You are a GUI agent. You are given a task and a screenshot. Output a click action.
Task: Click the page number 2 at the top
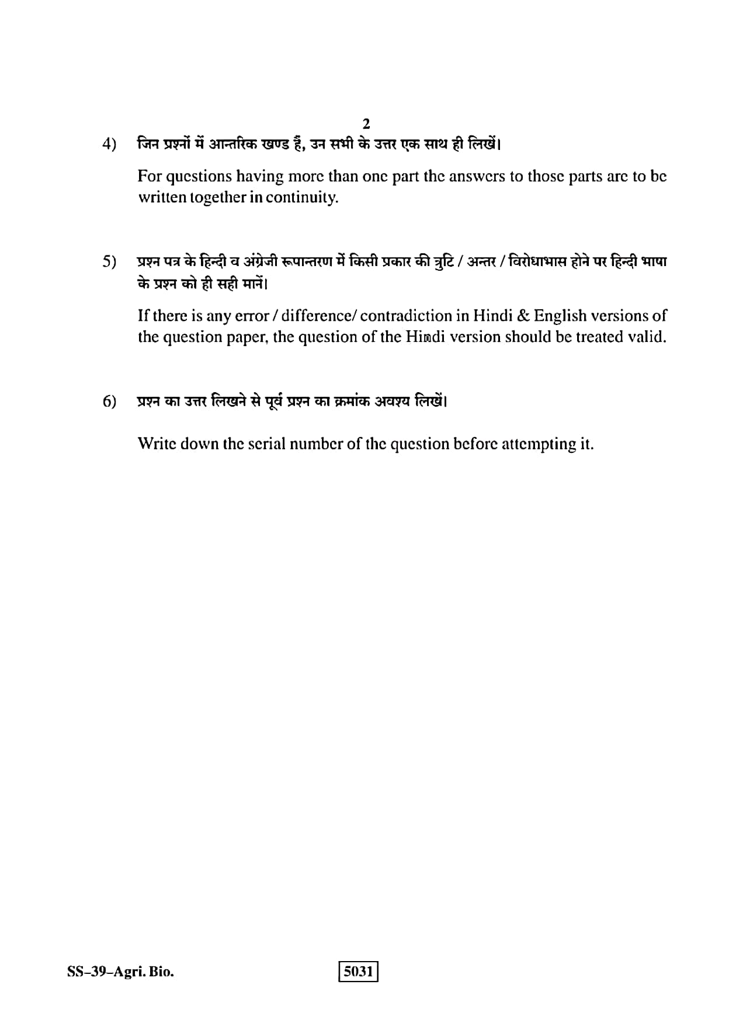click(366, 124)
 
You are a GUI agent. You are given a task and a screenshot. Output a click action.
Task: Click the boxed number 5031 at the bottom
click(359, 972)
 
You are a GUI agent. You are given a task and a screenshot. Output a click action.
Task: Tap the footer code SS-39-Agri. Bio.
click(120, 972)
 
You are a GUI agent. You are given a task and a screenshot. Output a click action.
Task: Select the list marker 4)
click(109, 144)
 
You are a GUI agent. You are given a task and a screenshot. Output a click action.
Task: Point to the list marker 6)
click(109, 402)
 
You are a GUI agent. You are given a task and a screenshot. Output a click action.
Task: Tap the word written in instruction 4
click(159, 197)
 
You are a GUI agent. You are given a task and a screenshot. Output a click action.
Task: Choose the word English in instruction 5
click(560, 316)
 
